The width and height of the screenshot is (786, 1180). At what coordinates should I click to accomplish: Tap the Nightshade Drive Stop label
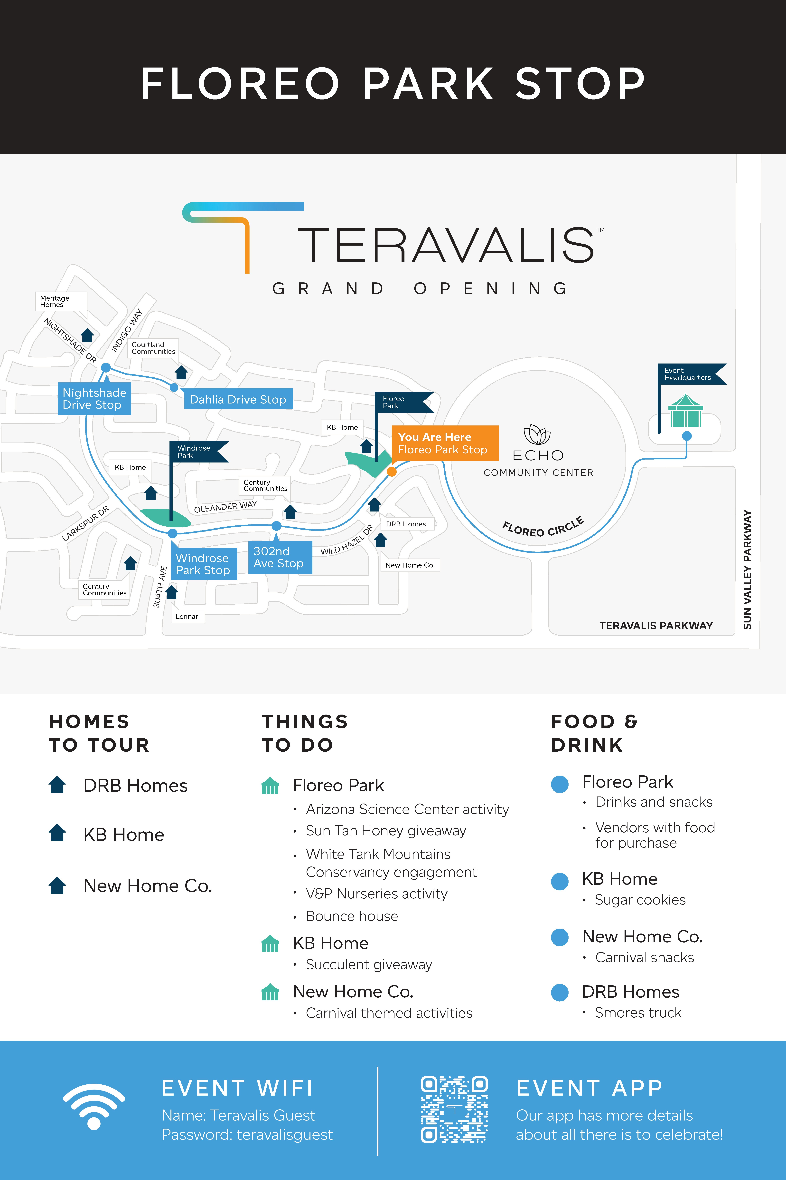click(x=94, y=399)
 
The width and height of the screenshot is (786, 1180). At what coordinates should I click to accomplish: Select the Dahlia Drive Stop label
click(x=238, y=399)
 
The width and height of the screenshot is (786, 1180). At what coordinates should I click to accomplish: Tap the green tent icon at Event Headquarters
click(x=685, y=411)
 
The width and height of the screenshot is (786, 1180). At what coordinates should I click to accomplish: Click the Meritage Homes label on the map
click(x=55, y=301)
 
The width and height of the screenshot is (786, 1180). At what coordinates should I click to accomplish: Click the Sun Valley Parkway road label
click(x=747, y=569)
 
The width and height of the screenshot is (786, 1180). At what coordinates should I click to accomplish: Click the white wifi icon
click(x=94, y=1106)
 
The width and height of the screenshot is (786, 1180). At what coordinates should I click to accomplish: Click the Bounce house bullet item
click(x=352, y=916)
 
